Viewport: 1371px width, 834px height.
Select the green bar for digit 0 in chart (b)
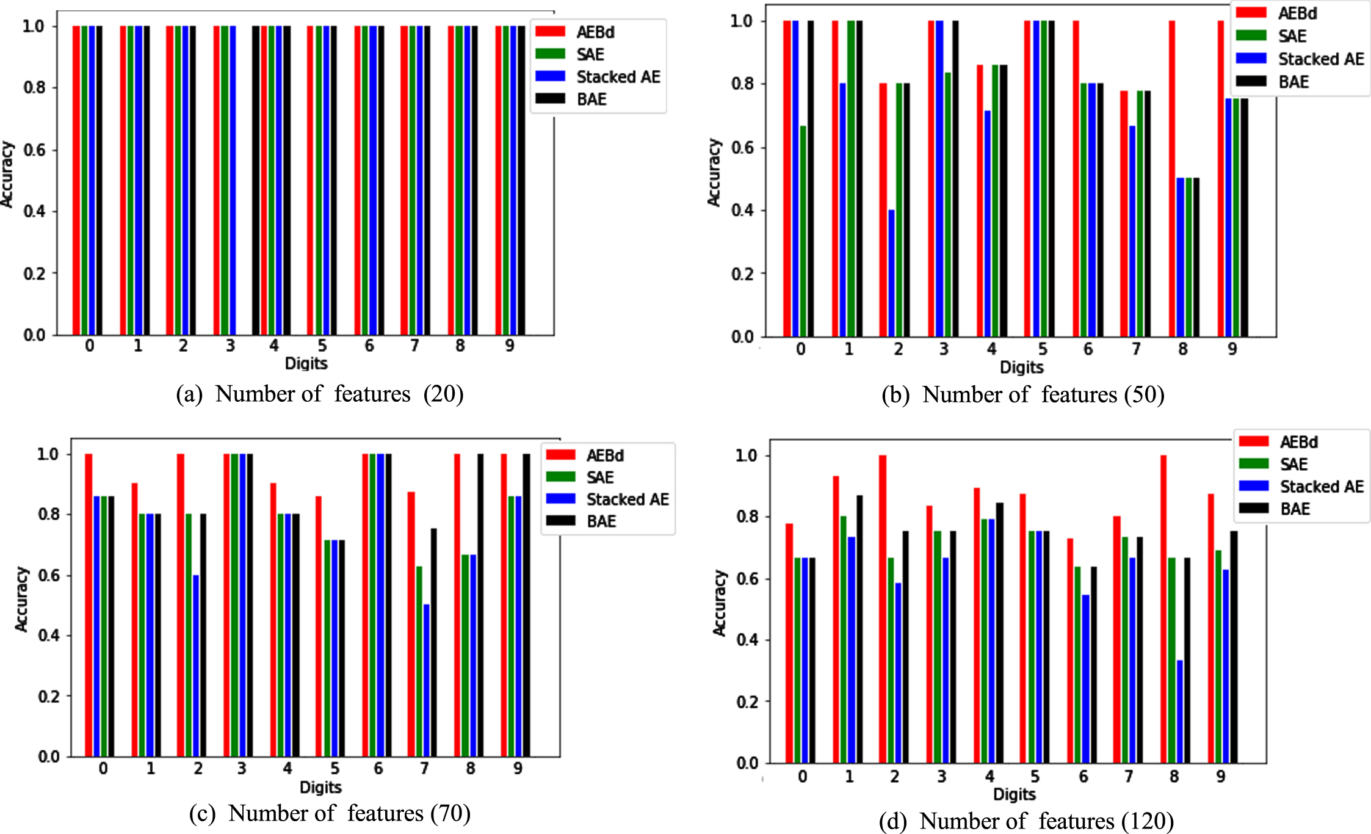[803, 231]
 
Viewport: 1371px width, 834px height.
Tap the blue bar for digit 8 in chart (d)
[1180, 711]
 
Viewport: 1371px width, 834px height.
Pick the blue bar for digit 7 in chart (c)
[426, 681]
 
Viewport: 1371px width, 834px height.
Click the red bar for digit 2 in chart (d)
[883, 609]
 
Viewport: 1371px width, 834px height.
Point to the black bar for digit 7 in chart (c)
[434, 643]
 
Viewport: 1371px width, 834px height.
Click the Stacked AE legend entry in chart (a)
[598, 77]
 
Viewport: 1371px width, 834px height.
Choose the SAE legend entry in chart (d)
[1273, 465]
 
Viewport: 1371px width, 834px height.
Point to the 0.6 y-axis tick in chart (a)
[35, 150]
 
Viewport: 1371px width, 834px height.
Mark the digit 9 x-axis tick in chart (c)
[518, 769]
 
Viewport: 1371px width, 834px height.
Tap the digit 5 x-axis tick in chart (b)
[1043, 349]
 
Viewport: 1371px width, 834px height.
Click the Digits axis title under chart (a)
[306, 364]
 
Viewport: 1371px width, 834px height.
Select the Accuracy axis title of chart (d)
[720, 603]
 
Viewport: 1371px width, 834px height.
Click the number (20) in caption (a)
[444, 394]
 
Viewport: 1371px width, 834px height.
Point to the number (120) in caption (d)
[1148, 821]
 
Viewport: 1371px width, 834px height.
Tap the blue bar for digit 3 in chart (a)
[232, 181]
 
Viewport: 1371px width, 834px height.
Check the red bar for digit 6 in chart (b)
[1076, 179]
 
